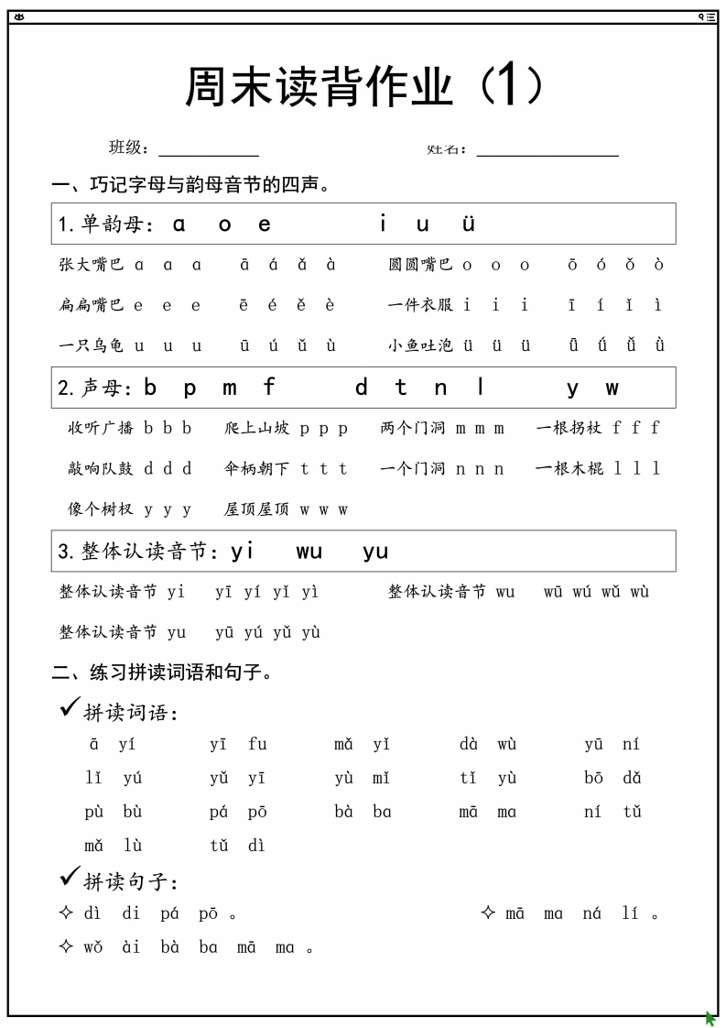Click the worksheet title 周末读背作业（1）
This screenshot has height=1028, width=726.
coord(363,88)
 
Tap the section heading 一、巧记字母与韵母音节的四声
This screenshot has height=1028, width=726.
coord(190,186)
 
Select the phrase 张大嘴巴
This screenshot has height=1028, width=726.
coord(91,265)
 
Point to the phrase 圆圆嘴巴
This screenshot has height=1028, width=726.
coord(419,265)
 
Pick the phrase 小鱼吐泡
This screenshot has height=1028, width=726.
coord(419,345)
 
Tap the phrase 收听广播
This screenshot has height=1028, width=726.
coord(100,428)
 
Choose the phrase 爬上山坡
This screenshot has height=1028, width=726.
coord(256,428)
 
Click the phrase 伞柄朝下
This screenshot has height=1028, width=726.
coord(256,468)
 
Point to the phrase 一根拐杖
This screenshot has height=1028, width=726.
coord(569,428)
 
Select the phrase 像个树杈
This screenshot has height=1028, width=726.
coord(100,509)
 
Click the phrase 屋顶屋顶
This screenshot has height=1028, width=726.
coord(256,509)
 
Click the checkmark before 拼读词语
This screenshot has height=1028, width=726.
coord(69,706)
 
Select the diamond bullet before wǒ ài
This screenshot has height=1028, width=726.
coord(65,946)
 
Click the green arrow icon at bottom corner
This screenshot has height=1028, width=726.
coord(710,1018)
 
